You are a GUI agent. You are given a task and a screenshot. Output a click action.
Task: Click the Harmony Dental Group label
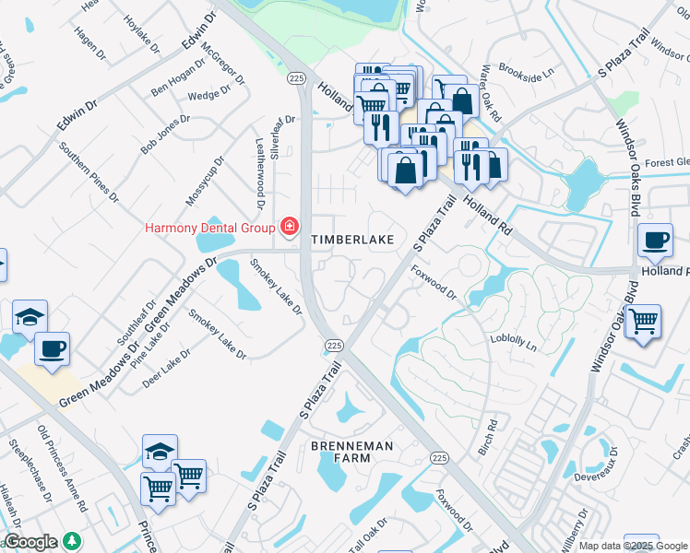click(x=209, y=228)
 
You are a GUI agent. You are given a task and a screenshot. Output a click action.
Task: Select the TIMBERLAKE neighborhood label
click(x=352, y=240)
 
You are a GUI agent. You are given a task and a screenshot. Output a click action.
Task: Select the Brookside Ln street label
click(x=525, y=68)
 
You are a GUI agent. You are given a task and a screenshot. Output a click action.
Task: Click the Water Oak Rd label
click(x=489, y=94)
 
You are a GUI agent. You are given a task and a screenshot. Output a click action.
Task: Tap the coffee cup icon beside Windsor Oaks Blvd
click(x=655, y=241)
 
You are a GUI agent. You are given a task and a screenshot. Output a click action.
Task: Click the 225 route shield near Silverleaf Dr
click(x=296, y=80)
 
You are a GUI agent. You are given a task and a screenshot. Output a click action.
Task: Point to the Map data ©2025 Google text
click(x=633, y=546)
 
